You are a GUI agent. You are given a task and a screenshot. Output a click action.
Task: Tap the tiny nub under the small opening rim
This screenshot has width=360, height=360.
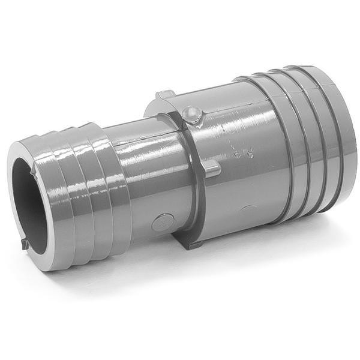coord(25,244)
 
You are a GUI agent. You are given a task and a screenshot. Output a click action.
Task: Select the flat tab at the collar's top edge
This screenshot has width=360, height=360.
coord(165,94)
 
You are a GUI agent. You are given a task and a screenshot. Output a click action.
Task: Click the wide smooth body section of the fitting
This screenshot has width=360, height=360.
coord(246,180)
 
